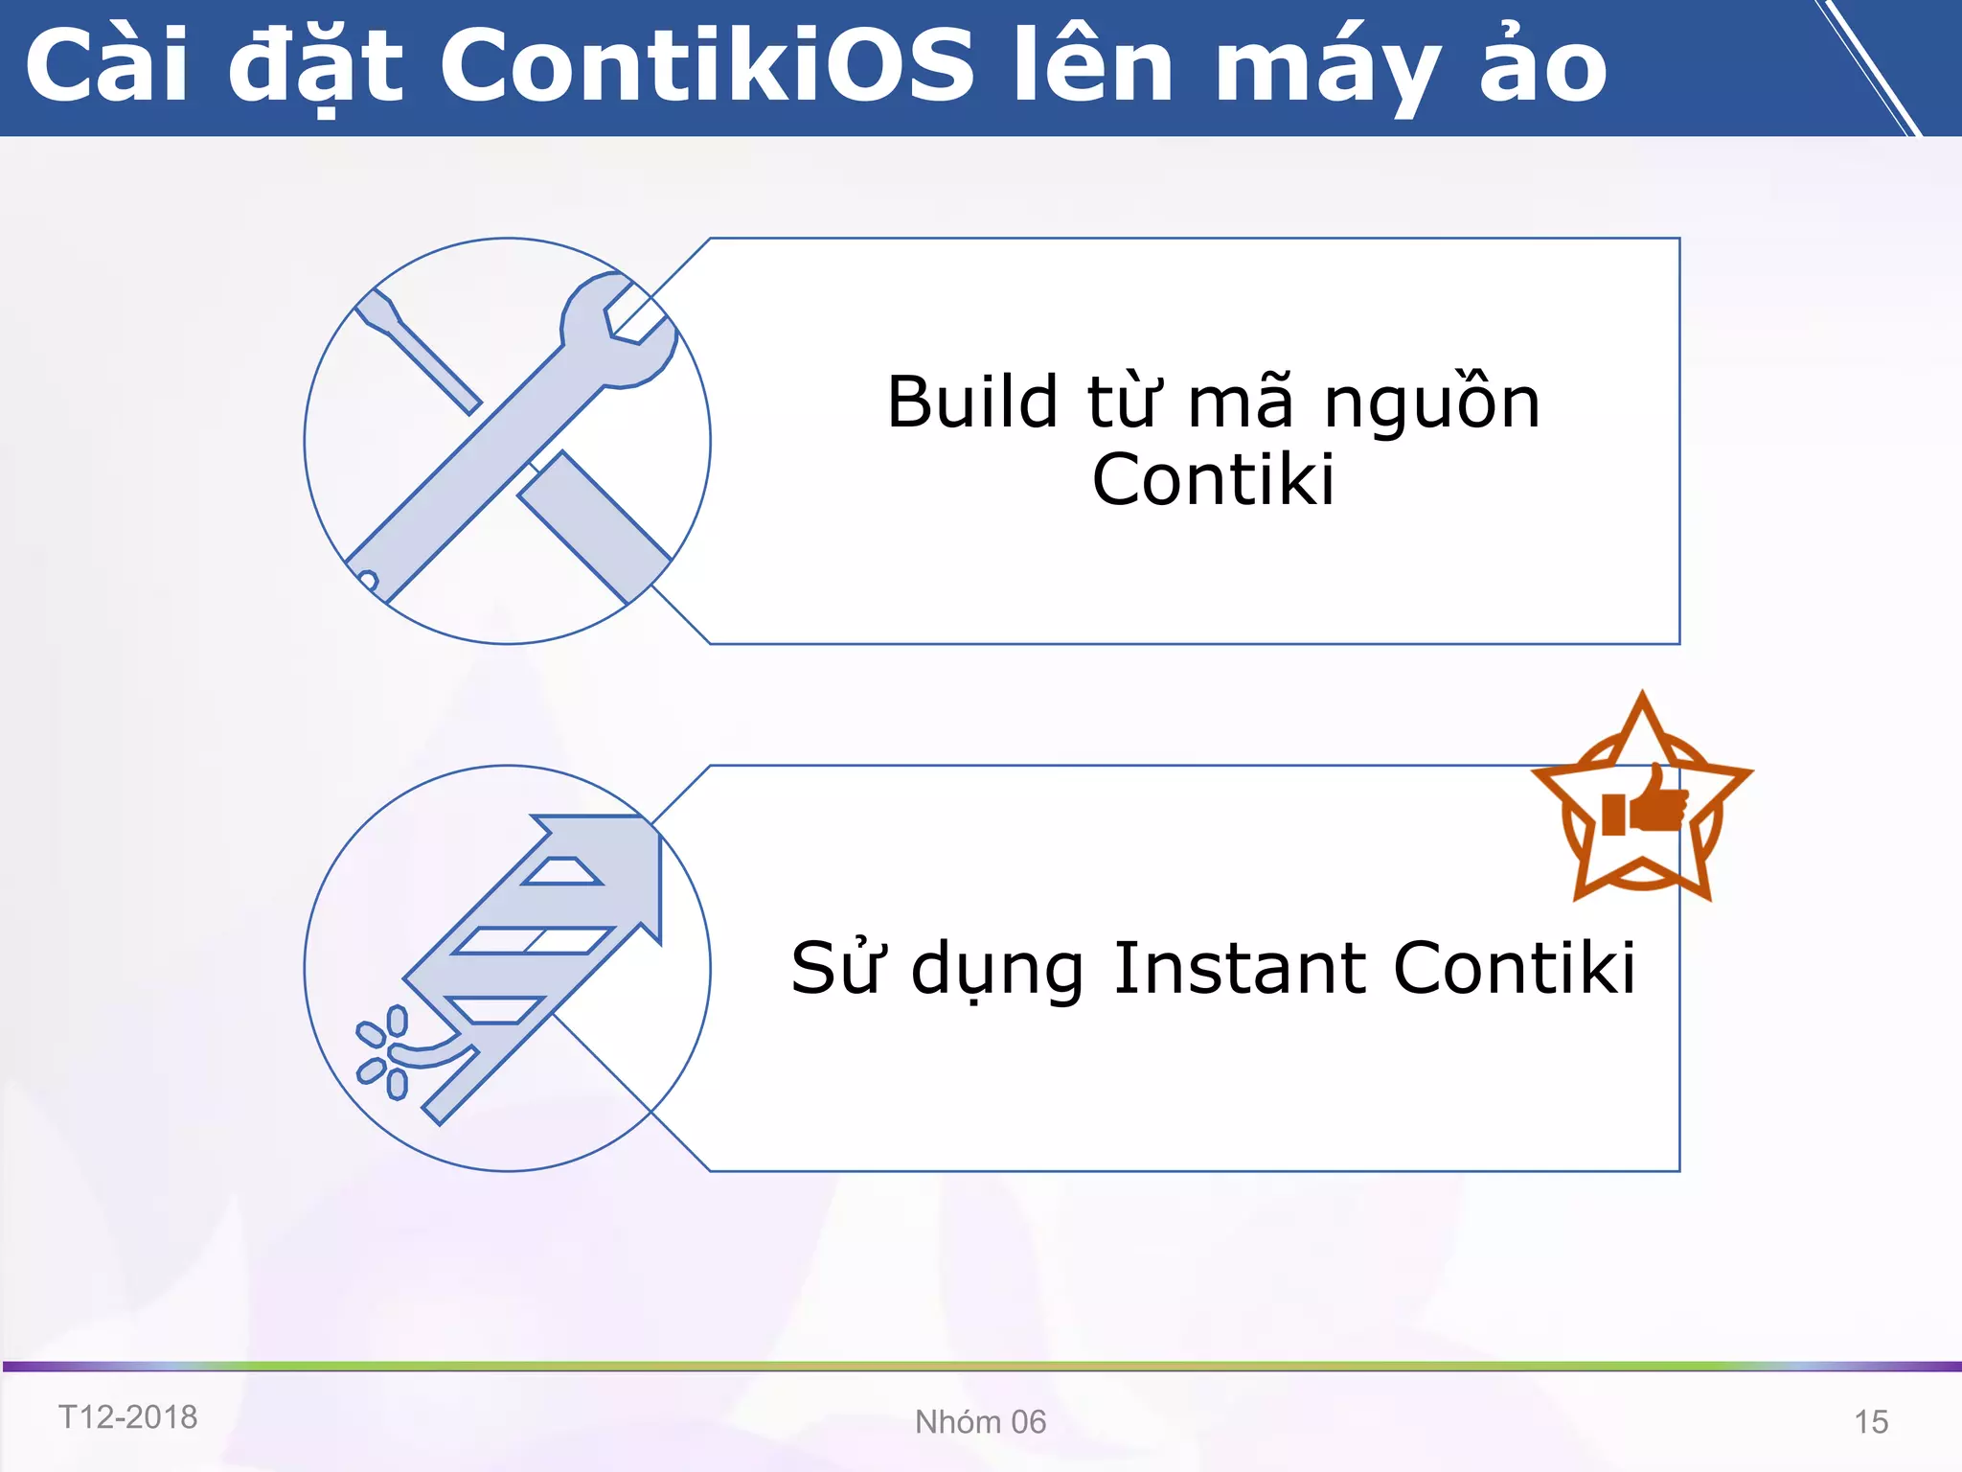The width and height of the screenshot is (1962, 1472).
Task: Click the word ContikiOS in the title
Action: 707,67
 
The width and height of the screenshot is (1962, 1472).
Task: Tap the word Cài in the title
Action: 105,67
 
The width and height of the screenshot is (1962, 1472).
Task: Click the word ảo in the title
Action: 1542,67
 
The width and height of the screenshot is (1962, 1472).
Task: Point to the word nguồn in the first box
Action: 1431,402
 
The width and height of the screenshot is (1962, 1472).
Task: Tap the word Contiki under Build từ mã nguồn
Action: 1213,479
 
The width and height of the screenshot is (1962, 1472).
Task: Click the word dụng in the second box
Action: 997,970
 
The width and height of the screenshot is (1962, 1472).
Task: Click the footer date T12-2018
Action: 127,1417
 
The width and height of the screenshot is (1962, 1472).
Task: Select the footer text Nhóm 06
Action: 980,1422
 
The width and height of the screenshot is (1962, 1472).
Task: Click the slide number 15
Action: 1870,1422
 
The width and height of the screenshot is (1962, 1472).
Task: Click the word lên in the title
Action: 1093,67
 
